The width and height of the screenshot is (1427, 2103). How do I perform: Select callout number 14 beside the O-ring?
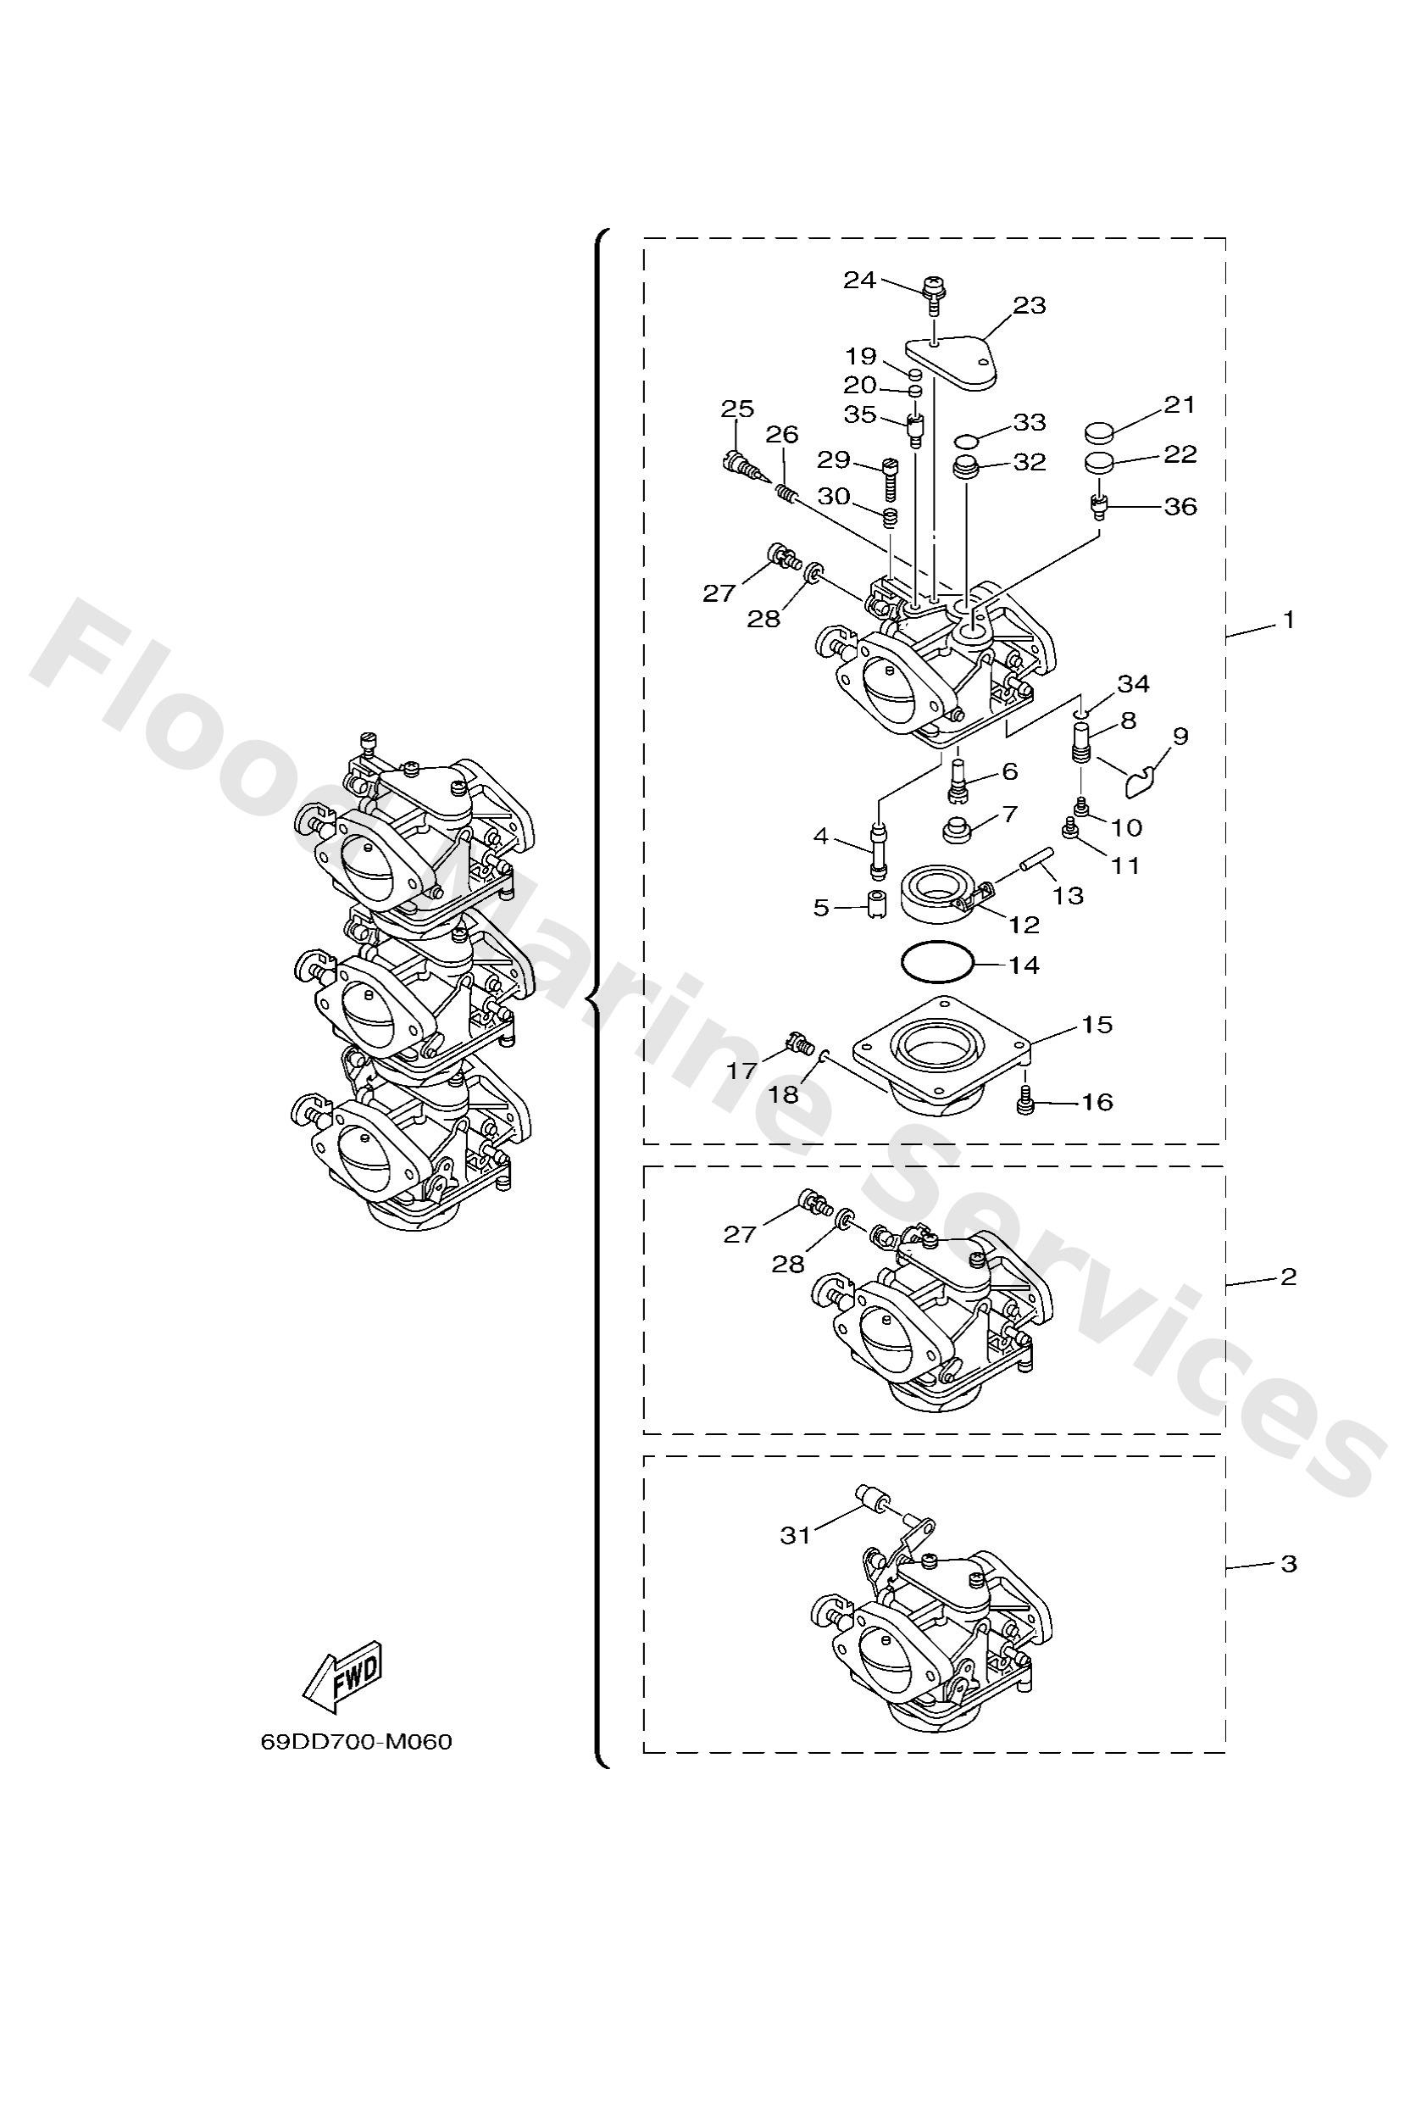coord(1024,965)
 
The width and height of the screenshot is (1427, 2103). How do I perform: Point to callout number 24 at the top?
coord(859,281)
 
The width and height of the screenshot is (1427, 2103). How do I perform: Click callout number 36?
coord(1180,507)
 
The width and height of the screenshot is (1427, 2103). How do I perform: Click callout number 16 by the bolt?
coord(1096,1102)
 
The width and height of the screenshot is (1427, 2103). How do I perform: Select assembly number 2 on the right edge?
coord(1289,1277)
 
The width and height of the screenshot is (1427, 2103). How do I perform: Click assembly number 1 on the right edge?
coord(1289,620)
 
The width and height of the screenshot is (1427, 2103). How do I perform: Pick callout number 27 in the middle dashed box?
coord(739,1234)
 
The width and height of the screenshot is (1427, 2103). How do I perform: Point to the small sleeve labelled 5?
coord(875,905)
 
